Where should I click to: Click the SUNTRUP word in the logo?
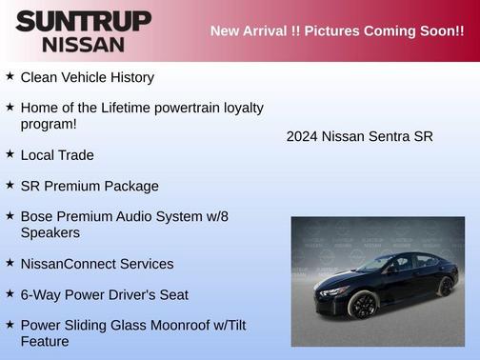[83, 21]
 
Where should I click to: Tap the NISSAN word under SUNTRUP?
[83, 44]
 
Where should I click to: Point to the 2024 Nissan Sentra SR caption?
[359, 136]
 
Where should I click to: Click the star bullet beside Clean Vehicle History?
[10, 76]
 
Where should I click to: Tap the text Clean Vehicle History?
[87, 77]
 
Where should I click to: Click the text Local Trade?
[57, 155]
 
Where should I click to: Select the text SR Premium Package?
[90, 187]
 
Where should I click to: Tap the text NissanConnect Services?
[96, 264]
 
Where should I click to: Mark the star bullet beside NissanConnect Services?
[10, 263]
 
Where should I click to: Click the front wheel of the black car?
[361, 305]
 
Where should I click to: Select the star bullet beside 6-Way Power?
[10, 294]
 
